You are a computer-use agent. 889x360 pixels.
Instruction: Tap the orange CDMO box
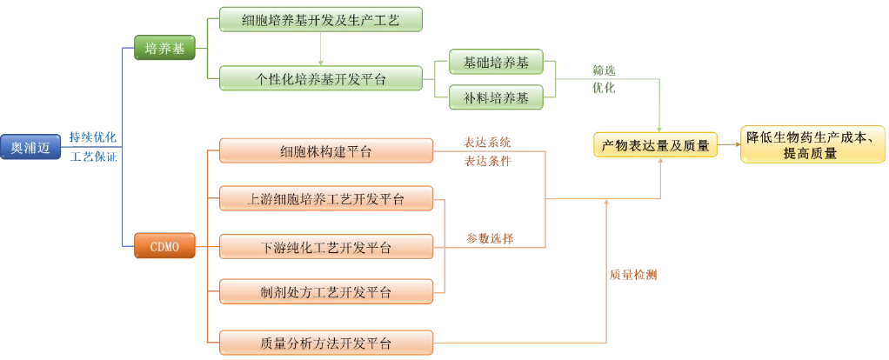click(x=164, y=246)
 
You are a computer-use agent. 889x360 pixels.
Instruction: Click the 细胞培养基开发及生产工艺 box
click(x=320, y=19)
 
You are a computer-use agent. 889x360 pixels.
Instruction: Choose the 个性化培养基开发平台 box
click(x=320, y=79)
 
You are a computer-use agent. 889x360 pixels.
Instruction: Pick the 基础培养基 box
click(x=495, y=63)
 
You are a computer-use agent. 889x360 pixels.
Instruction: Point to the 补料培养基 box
click(x=495, y=97)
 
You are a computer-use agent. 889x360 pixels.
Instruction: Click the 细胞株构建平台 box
click(x=325, y=151)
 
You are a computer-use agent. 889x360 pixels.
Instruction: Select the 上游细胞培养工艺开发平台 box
click(x=325, y=199)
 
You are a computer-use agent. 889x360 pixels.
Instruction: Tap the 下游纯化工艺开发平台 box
click(x=325, y=247)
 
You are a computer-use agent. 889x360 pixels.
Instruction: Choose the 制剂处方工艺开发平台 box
click(x=325, y=290)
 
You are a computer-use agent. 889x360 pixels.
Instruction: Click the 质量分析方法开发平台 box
click(x=325, y=343)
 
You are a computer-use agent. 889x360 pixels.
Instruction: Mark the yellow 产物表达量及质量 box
click(x=655, y=145)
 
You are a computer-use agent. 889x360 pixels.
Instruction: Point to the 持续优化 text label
click(x=93, y=137)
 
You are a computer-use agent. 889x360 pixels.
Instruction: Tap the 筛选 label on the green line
click(x=604, y=70)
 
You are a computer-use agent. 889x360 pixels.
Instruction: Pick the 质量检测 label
click(x=632, y=275)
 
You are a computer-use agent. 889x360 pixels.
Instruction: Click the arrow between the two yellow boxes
click(x=729, y=146)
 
